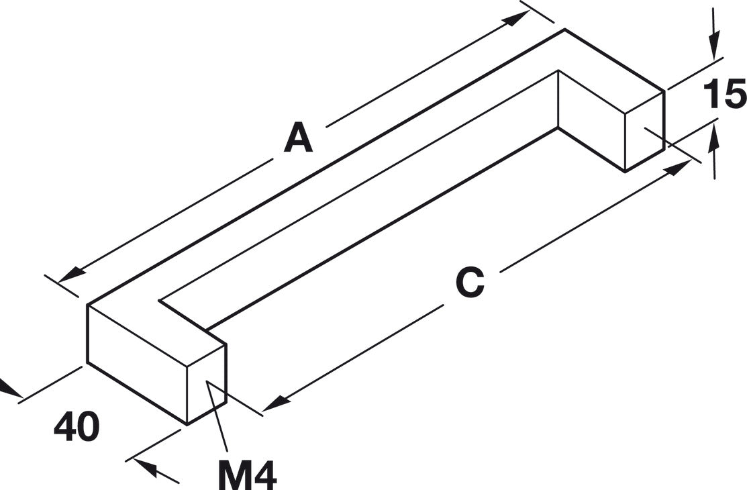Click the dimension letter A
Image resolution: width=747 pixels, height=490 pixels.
click(298, 138)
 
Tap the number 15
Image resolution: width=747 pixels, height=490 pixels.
click(725, 94)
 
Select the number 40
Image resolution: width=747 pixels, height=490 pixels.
click(77, 427)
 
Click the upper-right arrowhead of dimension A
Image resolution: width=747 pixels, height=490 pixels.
click(516, 17)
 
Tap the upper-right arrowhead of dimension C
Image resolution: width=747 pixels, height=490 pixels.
click(677, 167)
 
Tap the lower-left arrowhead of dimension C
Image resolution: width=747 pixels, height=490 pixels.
click(277, 403)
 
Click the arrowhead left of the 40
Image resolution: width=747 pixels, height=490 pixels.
click(9, 388)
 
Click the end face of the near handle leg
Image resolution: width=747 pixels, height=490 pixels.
click(206, 384)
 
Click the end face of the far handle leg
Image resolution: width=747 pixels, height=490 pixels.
click(644, 131)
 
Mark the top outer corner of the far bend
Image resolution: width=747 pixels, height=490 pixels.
click(564, 29)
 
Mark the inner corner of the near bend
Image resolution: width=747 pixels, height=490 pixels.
click(160, 301)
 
